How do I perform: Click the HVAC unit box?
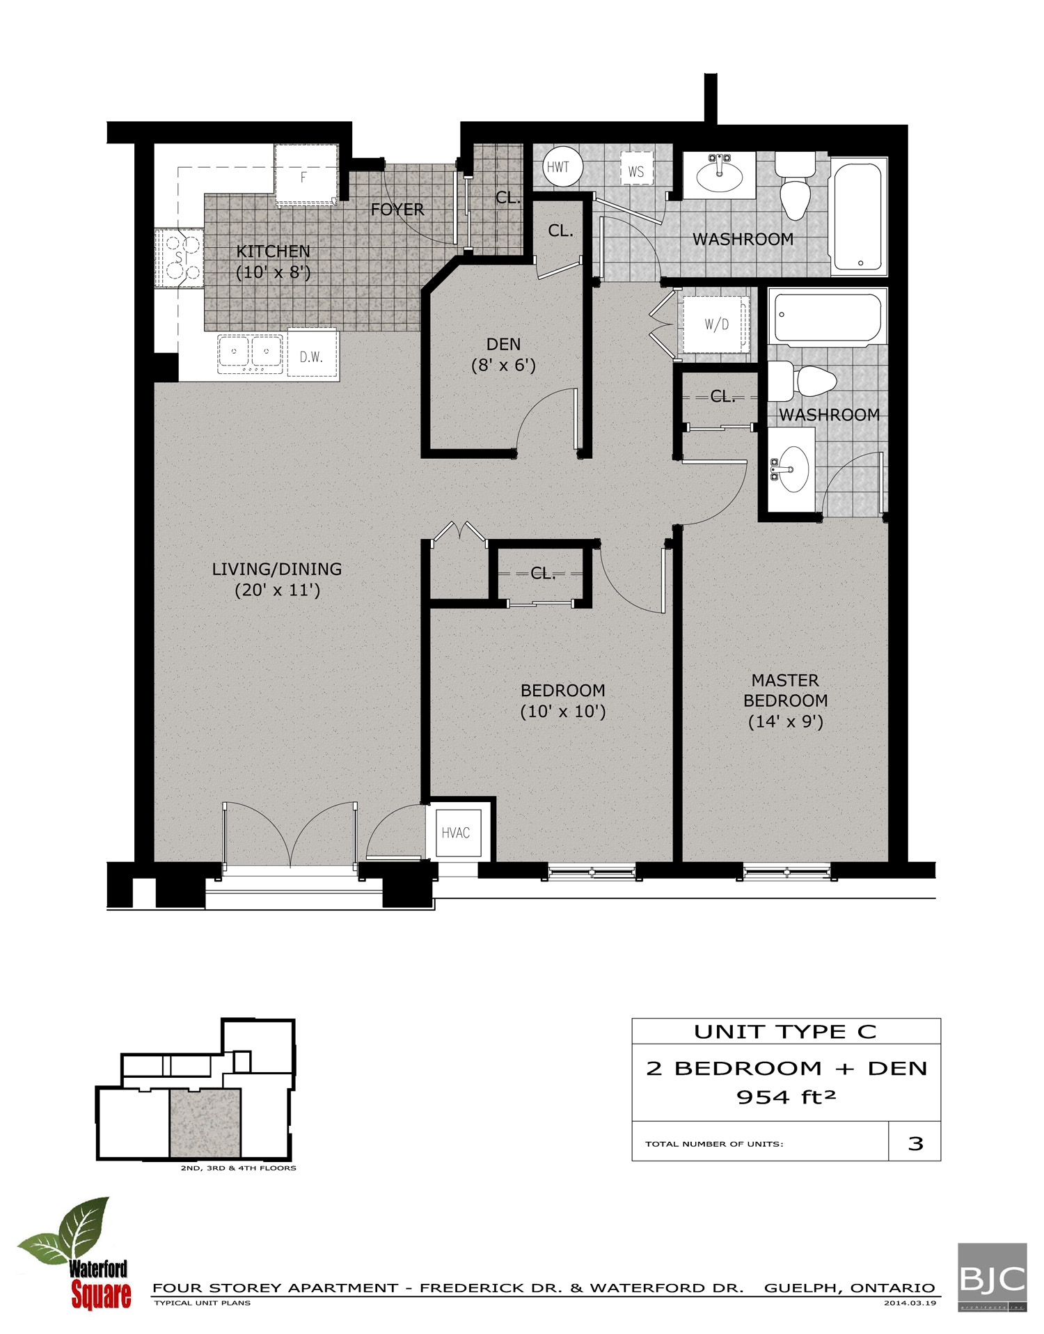pos(456,832)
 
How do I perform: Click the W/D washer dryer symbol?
pos(715,324)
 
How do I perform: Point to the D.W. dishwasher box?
pos(312,356)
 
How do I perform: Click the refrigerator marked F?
pos(306,175)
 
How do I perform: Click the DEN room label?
pos(503,344)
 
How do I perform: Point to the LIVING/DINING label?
pos(277,569)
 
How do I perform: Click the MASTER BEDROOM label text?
pos(785,690)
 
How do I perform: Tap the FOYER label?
pos(397,209)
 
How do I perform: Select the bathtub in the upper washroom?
pos(859,216)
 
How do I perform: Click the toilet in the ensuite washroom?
pos(807,382)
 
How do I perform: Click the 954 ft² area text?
pos(786,1097)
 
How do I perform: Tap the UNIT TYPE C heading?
pos(785,1031)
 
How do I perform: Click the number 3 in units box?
pos(915,1143)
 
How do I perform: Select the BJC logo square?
pos(992,1278)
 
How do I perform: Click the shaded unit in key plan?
pos(205,1122)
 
